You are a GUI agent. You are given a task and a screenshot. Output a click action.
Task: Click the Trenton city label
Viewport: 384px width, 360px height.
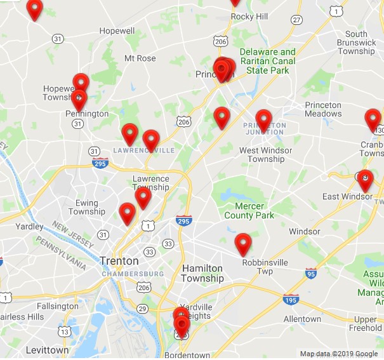click(x=119, y=260)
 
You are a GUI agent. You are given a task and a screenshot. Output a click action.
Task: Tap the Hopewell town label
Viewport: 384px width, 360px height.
click(x=117, y=30)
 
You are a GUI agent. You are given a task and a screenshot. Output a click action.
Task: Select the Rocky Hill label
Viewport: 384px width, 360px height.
click(x=249, y=17)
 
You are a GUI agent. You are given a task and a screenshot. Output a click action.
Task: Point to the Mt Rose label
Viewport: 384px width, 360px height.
click(x=140, y=58)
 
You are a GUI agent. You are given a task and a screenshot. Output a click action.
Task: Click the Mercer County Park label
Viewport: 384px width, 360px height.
click(x=249, y=211)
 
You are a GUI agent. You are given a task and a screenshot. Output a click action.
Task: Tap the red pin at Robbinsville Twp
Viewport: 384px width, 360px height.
click(x=243, y=243)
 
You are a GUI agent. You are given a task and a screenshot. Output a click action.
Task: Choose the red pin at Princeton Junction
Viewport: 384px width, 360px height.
click(x=263, y=119)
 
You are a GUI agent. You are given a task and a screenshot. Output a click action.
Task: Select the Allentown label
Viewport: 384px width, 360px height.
click(x=302, y=319)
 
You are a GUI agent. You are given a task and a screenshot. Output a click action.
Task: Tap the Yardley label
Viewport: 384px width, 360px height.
click(x=30, y=226)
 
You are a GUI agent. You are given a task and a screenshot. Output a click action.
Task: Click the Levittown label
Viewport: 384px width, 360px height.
click(x=47, y=350)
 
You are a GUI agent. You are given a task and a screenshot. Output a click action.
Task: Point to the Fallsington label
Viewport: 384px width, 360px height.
click(x=57, y=306)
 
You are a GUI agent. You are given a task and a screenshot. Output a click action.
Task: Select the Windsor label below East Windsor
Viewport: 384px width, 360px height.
click(x=305, y=231)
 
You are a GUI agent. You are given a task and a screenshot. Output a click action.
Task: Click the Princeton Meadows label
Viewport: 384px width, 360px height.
click(x=323, y=109)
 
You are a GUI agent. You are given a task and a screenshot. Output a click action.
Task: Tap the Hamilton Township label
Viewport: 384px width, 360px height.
click(x=202, y=274)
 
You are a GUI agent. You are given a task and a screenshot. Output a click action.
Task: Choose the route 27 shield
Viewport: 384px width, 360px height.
click(x=296, y=20)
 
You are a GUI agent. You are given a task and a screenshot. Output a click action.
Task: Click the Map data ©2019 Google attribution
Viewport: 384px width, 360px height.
click(x=339, y=354)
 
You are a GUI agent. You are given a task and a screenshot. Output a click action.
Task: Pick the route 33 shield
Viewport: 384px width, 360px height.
click(x=168, y=243)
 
